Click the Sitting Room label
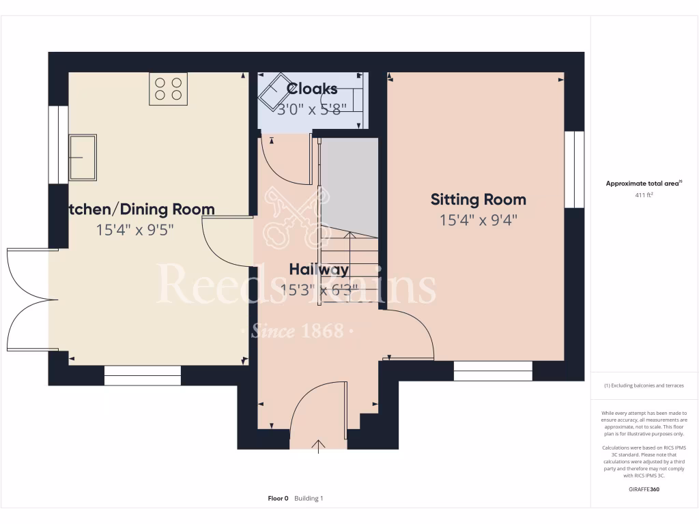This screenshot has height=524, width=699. [478, 199]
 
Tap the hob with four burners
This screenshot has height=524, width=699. [168, 89]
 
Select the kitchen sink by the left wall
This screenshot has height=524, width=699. [83, 158]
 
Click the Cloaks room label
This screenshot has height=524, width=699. [312, 89]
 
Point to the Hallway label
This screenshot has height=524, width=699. [319, 269]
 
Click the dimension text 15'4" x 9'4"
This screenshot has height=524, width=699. [478, 220]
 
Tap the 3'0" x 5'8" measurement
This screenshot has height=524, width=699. [312, 108]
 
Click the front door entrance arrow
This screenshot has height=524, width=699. [319, 446]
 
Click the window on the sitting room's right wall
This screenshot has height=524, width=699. [574, 169]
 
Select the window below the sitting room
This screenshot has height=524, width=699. [493, 370]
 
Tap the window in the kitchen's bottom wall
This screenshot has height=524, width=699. [143, 375]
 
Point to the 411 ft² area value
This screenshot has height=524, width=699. [644, 195]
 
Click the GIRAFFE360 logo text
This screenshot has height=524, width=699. [644, 489]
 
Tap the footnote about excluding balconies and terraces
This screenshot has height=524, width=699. [644, 385]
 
